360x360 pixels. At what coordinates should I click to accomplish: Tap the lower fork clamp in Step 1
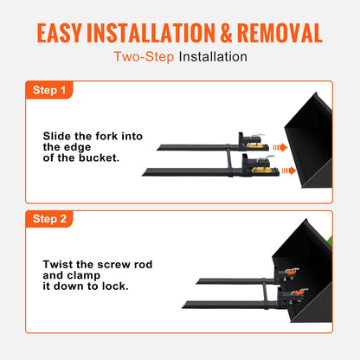pos(257,164)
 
